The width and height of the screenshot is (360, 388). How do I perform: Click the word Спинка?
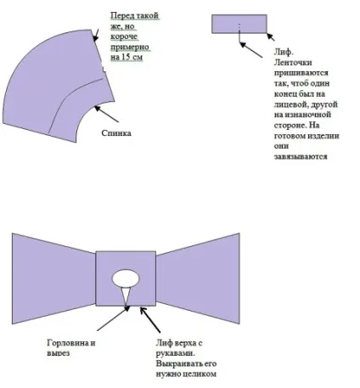click(116, 133)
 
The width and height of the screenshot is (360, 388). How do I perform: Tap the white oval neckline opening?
click(126, 278)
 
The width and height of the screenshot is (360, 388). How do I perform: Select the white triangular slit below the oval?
click(126, 296)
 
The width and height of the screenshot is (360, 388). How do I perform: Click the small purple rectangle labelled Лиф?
click(239, 24)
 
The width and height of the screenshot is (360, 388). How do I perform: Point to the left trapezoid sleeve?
click(53, 278)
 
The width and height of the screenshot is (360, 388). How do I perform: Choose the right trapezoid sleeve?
click(198, 278)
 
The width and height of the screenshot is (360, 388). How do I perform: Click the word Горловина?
click(68, 343)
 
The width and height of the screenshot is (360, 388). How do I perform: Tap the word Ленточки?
click(293, 63)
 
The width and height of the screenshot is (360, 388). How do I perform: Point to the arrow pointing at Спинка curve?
click(107, 114)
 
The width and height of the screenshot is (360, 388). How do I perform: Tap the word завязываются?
click(301, 156)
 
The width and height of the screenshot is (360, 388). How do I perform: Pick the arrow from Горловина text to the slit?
click(113, 318)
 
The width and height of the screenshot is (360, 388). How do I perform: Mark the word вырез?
click(58, 354)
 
